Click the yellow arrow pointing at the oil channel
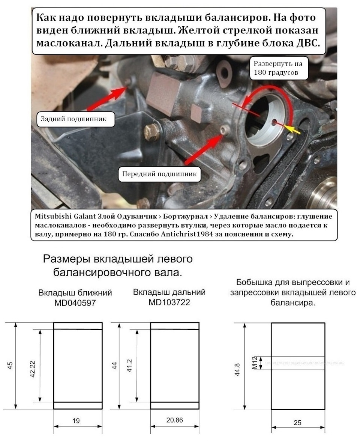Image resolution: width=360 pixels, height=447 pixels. [293, 129]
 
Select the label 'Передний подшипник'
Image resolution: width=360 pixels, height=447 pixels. [159, 174]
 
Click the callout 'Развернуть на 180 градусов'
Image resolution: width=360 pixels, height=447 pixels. [278, 68]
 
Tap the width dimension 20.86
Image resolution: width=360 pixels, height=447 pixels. [174, 420]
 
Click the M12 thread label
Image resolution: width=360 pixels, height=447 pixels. [255, 363]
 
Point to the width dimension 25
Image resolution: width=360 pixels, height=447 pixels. [297, 423]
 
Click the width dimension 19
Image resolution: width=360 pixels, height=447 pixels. [76, 421]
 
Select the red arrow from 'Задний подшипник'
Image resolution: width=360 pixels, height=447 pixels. [107, 98]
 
